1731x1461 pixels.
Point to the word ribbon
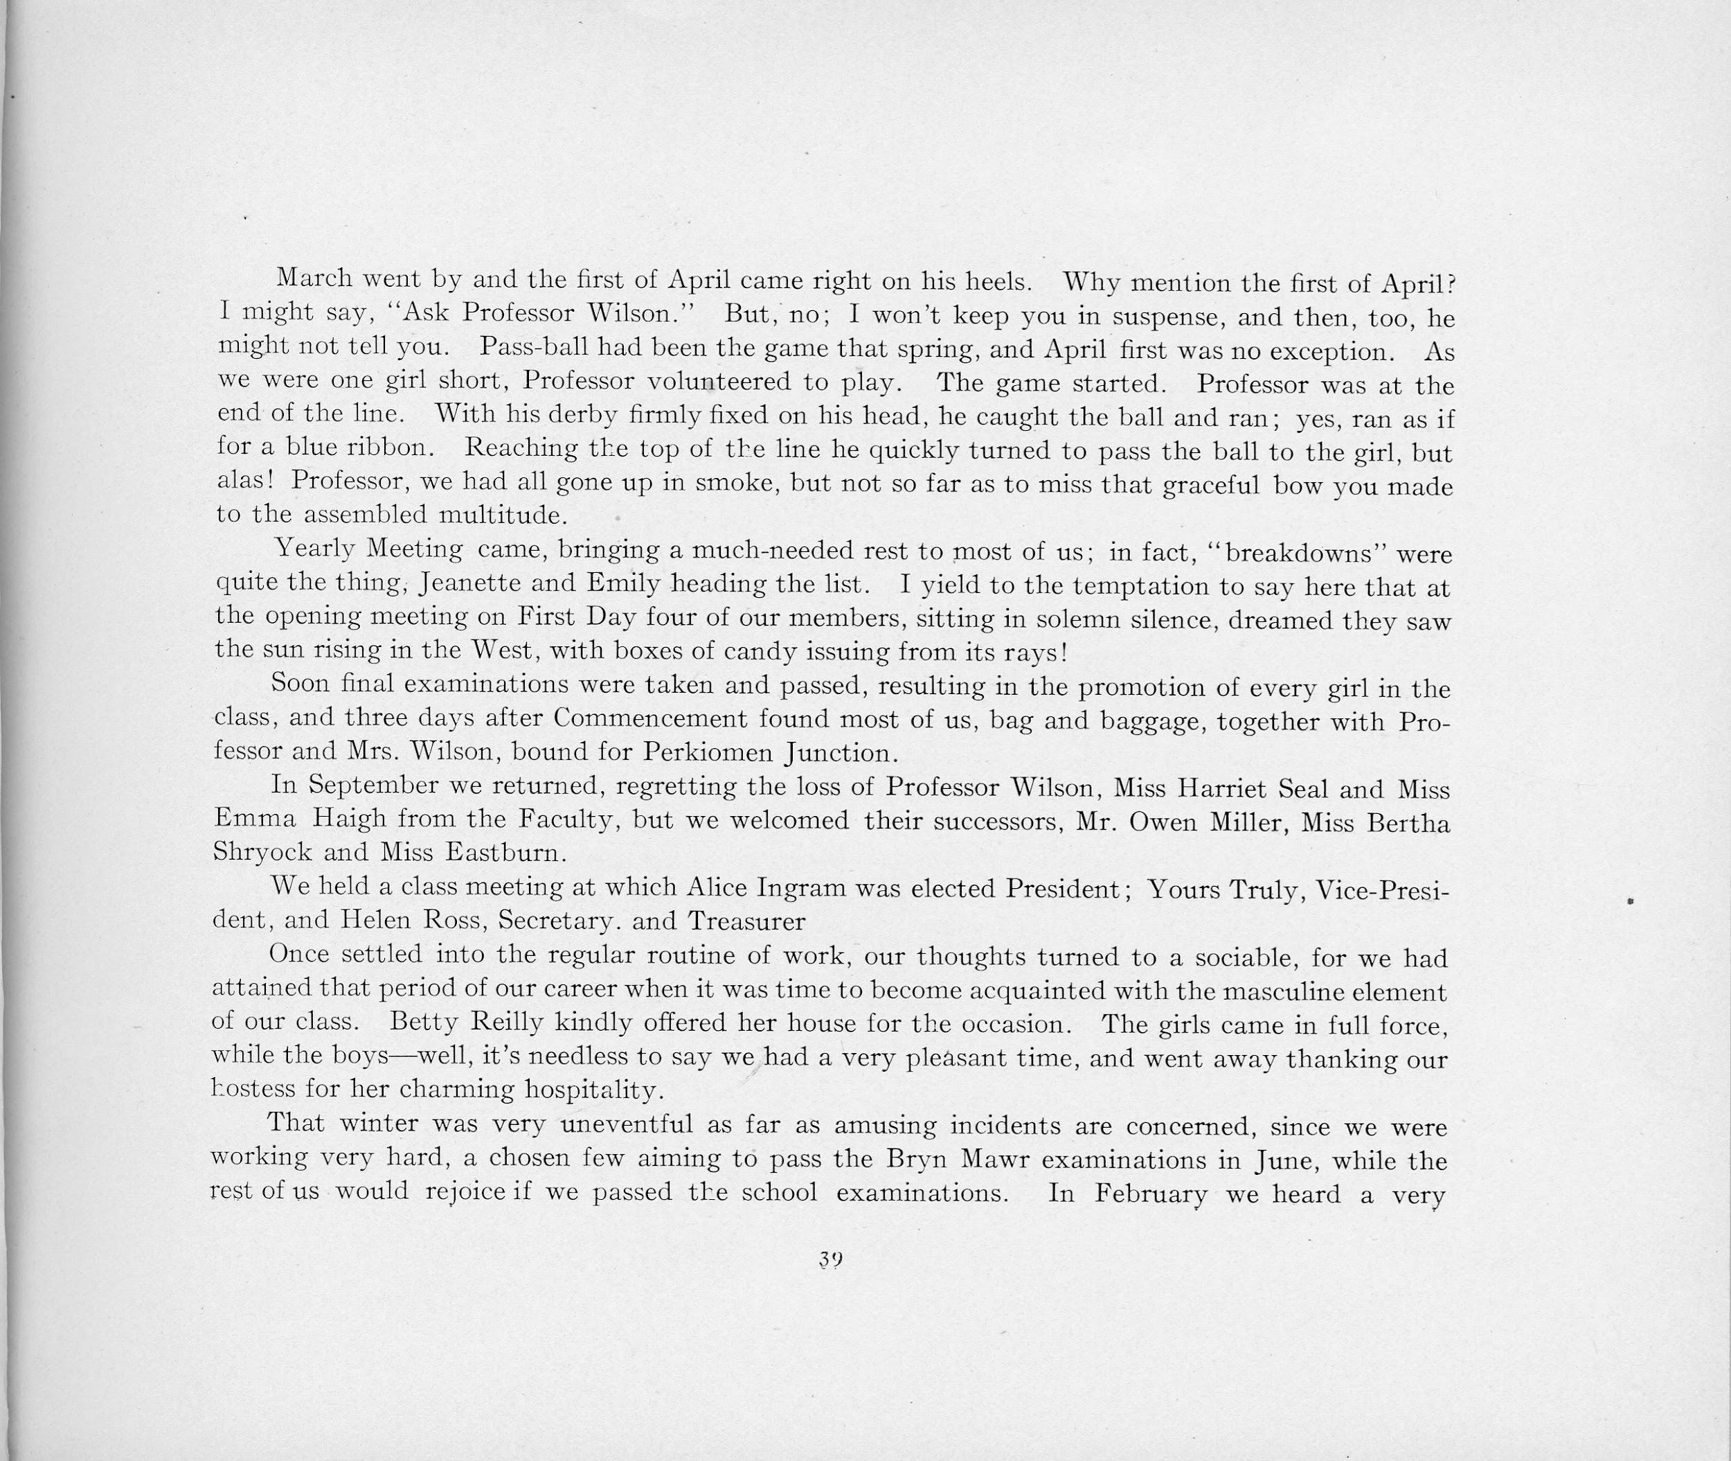393,448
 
